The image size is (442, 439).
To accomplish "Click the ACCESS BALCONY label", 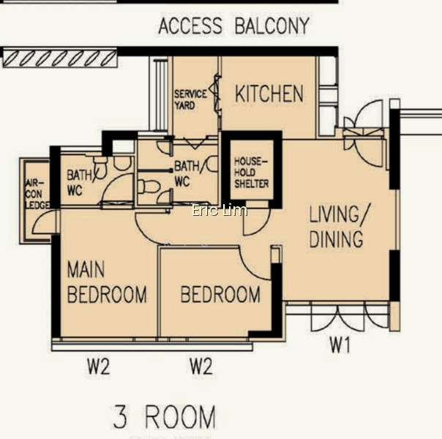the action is point(233,26).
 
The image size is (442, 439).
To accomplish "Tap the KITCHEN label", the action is point(269,94).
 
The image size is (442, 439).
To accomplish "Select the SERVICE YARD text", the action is point(190,100).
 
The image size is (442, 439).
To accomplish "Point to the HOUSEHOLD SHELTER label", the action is point(252,173).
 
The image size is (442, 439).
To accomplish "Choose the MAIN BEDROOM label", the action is point(107,282).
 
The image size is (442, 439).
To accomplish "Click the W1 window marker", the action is point(340,345).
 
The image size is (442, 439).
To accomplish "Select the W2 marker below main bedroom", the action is point(98,367).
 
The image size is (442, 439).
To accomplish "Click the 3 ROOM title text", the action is point(165,417).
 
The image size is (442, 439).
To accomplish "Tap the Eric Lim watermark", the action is point(220,210).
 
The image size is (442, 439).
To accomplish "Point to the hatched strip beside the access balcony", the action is point(60,58).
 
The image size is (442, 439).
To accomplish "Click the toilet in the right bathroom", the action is point(149,187).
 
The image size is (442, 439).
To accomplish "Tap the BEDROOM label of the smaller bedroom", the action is point(220,294).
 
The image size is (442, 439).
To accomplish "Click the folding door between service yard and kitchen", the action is point(217,93).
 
